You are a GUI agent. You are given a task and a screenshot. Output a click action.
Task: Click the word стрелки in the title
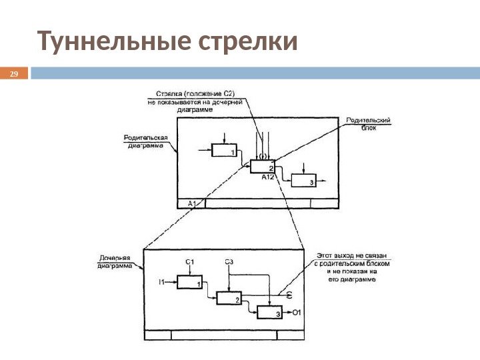click(x=247, y=41)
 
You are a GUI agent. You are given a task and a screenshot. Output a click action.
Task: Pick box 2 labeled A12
click(x=263, y=167)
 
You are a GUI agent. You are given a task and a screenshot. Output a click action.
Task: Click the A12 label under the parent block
click(x=268, y=178)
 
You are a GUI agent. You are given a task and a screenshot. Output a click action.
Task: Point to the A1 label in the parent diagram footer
click(x=191, y=203)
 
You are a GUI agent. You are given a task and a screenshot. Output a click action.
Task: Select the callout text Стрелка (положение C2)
click(x=195, y=93)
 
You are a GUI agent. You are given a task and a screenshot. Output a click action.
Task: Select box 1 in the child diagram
click(x=189, y=283)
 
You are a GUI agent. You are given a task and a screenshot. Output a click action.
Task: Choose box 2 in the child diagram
click(x=229, y=299)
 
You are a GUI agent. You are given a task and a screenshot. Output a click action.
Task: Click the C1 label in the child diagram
click(x=189, y=261)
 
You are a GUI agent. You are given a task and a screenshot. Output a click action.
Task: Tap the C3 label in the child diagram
click(x=229, y=261)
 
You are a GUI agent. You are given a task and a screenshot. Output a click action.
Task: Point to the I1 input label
click(x=161, y=283)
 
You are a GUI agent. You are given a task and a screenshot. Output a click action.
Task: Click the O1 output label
click(x=298, y=312)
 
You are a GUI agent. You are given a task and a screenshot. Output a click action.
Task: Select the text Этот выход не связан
click(x=351, y=255)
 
